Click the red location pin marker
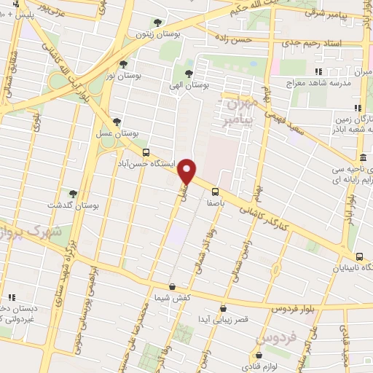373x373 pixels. tap(189, 170)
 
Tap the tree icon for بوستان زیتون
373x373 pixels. tap(159, 23)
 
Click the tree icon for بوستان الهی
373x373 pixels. tap(189, 73)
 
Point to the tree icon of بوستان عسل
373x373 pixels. tap(117, 122)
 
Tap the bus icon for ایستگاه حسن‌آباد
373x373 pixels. tap(147, 153)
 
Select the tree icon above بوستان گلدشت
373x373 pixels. tap(73, 193)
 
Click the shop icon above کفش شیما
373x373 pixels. tap(172, 287)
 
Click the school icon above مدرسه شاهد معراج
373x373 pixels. tap(318, 71)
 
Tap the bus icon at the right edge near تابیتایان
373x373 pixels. tap(360, 256)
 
